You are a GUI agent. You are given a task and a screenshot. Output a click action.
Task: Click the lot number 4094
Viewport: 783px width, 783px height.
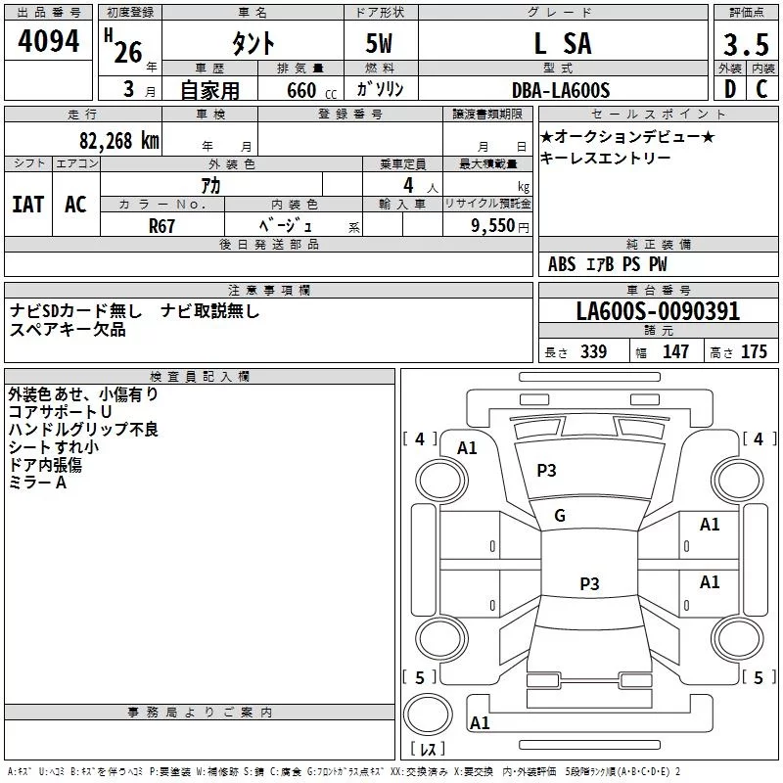pyautogui.click(x=49, y=42)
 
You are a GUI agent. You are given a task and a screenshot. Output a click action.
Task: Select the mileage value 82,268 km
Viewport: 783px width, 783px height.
pyautogui.click(x=118, y=140)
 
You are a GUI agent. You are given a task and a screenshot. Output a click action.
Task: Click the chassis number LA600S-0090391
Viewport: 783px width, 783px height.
pyautogui.click(x=657, y=312)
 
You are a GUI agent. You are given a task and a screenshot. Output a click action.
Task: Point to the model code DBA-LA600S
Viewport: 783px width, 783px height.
pyautogui.click(x=561, y=90)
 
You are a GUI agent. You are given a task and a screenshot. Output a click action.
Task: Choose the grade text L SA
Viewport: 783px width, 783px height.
pyautogui.click(x=562, y=43)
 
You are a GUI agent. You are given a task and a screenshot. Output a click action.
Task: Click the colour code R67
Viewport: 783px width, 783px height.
pyautogui.click(x=161, y=225)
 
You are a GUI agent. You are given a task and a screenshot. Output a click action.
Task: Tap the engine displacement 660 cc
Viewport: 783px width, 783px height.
pyautogui.click(x=299, y=90)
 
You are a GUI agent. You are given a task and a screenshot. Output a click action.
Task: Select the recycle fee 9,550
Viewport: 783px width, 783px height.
pyautogui.click(x=492, y=225)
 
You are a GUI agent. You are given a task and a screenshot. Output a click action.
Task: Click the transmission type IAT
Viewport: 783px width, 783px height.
pyautogui.click(x=28, y=204)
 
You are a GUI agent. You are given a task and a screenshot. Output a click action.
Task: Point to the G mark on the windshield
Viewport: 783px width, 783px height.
pyautogui.click(x=560, y=516)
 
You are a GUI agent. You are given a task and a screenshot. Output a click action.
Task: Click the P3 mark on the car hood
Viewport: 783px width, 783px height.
pyautogui.click(x=546, y=471)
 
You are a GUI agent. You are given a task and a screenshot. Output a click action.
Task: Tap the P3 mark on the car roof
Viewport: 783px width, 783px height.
pyautogui.click(x=588, y=584)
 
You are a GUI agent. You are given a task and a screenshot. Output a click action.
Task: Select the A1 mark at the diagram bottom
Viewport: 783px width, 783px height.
pyautogui.click(x=480, y=723)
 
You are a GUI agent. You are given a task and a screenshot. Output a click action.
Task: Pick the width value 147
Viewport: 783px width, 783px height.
pyautogui.click(x=675, y=351)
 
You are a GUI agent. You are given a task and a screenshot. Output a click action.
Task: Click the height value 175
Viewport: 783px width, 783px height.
pyautogui.click(x=754, y=351)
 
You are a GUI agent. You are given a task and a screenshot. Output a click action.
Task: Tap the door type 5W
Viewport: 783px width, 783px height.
pyautogui.click(x=380, y=44)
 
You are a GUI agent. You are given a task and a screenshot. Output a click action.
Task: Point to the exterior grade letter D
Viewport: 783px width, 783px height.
pyautogui.click(x=729, y=89)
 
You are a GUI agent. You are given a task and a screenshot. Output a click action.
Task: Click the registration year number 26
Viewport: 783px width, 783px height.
pyautogui.click(x=128, y=52)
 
